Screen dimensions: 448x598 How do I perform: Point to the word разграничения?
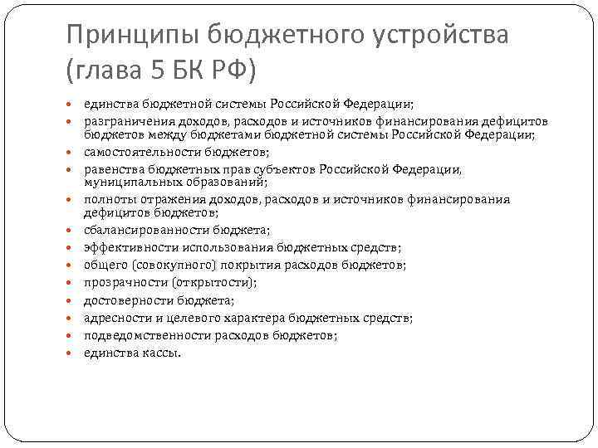point(124,119)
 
